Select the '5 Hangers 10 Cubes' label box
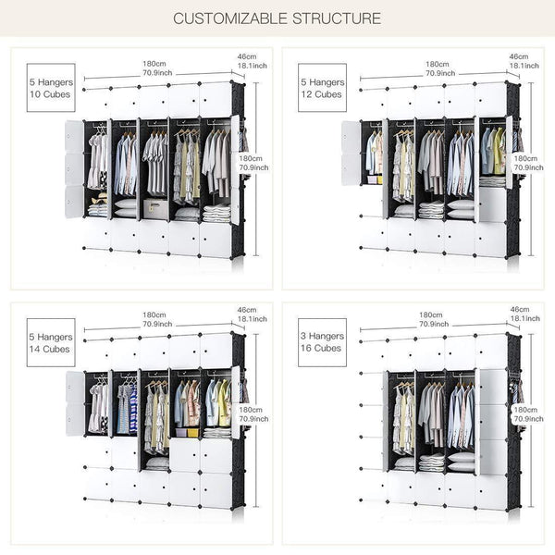(x=52, y=88)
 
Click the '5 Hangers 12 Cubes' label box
(x=322, y=88)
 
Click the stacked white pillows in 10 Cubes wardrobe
(x=125, y=208)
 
